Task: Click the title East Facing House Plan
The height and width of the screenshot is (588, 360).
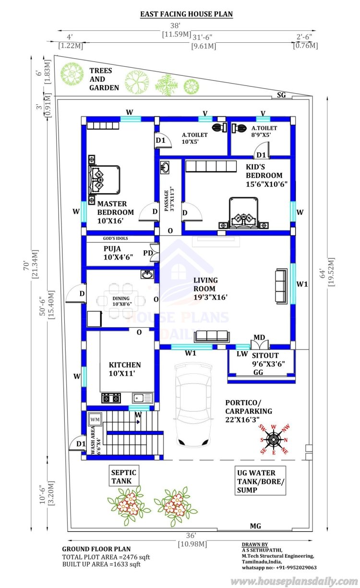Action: [186, 14]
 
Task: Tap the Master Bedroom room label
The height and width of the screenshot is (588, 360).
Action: [115, 212]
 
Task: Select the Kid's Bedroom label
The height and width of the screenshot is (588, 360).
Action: [266, 175]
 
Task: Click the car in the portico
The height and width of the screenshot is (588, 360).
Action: [193, 405]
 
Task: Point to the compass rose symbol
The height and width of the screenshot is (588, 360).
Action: [274, 440]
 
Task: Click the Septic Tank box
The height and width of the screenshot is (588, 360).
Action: [124, 477]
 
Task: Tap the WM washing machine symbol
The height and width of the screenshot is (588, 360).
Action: [95, 419]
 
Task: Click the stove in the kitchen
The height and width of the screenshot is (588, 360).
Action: [111, 398]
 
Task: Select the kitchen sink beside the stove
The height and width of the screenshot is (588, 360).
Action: [143, 398]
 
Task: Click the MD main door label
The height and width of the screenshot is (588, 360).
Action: [259, 337]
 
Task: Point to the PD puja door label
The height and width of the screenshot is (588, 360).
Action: [148, 253]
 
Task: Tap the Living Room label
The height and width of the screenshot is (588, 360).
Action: [210, 289]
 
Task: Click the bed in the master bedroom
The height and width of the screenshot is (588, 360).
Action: [104, 180]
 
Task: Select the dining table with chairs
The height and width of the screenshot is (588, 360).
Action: [121, 301]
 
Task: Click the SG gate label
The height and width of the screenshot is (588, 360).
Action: [281, 95]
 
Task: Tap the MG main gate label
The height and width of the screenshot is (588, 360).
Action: [255, 526]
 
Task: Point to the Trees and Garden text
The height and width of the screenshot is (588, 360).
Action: [104, 79]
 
